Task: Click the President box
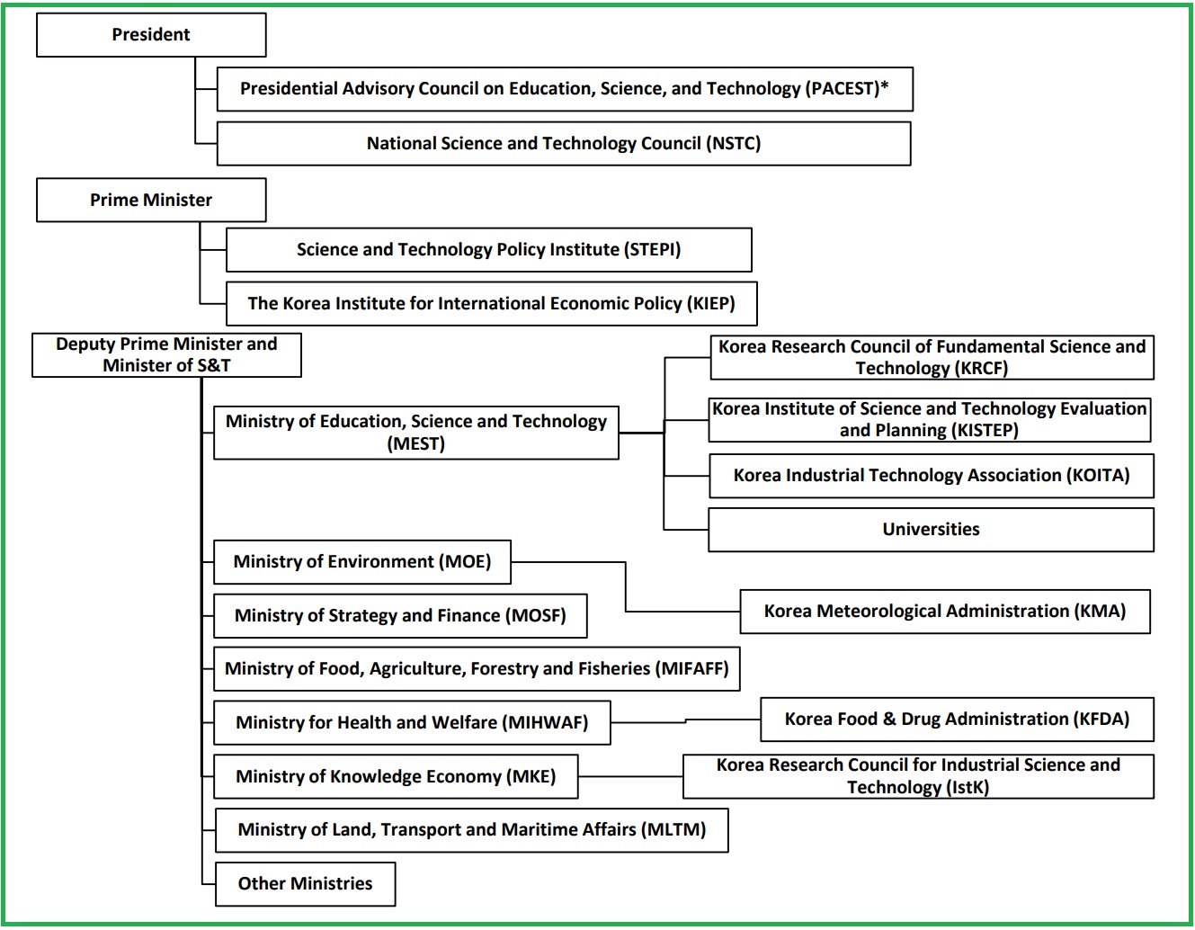point(151,35)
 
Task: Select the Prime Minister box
point(151,200)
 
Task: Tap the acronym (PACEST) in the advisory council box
point(843,88)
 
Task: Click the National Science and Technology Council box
point(564,144)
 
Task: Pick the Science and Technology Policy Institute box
point(488,250)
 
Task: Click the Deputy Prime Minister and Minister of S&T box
point(166,355)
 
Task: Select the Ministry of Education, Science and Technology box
point(415,433)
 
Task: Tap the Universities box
point(931,530)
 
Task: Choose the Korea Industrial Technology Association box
point(931,476)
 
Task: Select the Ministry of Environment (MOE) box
point(362,562)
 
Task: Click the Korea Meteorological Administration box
point(944,612)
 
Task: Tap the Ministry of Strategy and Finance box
point(400,616)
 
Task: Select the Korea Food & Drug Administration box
point(957,720)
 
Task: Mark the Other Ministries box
point(305,884)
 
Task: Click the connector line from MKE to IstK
point(629,777)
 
